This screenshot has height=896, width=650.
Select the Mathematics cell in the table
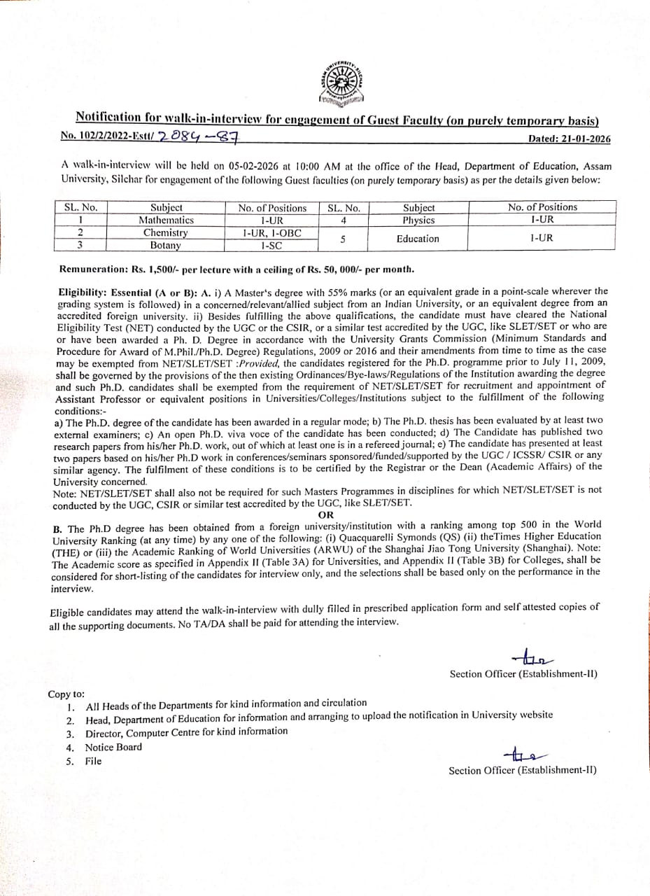[x=166, y=220]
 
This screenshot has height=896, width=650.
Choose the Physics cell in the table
[x=419, y=220]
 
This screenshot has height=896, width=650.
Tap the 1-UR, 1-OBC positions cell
[x=272, y=232]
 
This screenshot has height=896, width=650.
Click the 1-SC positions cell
[x=272, y=245]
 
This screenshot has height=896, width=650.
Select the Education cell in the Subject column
[x=418, y=239]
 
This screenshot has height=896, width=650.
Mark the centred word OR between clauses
[x=325, y=514]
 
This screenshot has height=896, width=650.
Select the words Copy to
[x=66, y=694]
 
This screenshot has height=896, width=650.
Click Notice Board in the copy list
[x=113, y=747]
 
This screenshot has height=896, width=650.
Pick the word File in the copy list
[x=93, y=761]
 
